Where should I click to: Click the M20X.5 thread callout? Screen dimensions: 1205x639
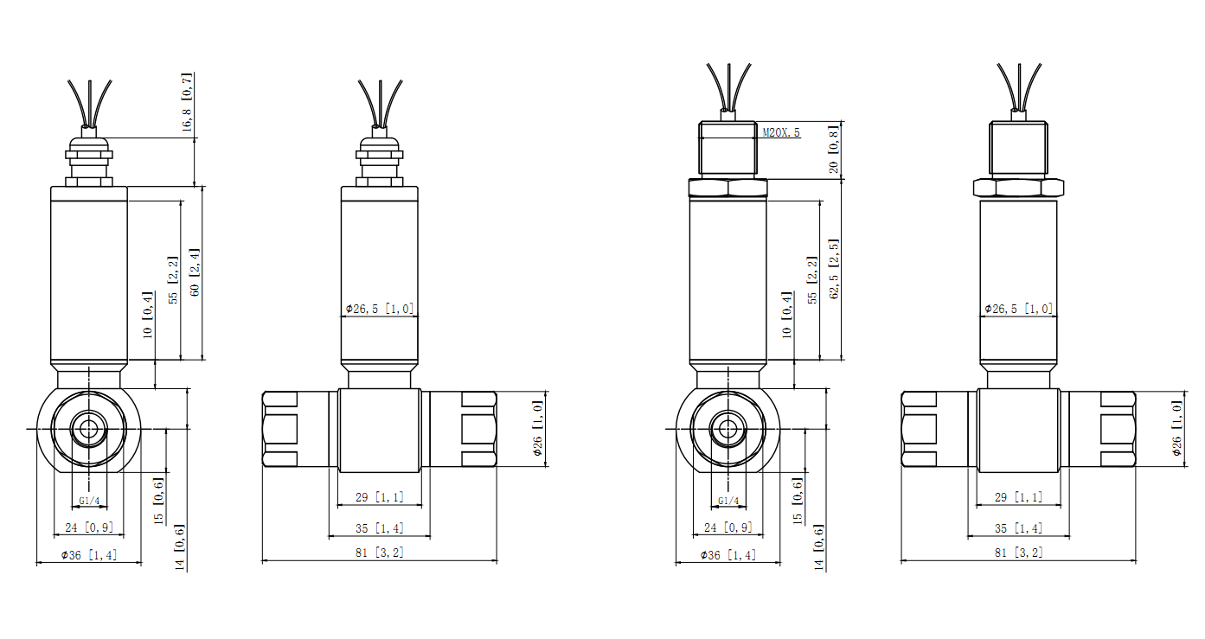click(x=781, y=132)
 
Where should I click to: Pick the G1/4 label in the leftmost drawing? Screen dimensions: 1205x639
click(x=89, y=501)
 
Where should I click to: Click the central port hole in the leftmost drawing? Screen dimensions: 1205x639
click(x=89, y=429)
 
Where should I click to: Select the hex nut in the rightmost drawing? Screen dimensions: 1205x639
click(x=1018, y=188)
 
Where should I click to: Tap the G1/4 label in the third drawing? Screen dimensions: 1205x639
click(x=728, y=501)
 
